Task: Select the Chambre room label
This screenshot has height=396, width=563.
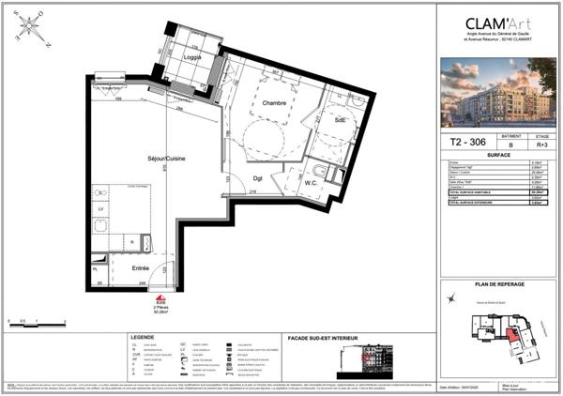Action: [274, 102]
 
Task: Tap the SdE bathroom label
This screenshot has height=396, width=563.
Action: [342, 120]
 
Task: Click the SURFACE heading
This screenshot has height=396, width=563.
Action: [499, 157]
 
